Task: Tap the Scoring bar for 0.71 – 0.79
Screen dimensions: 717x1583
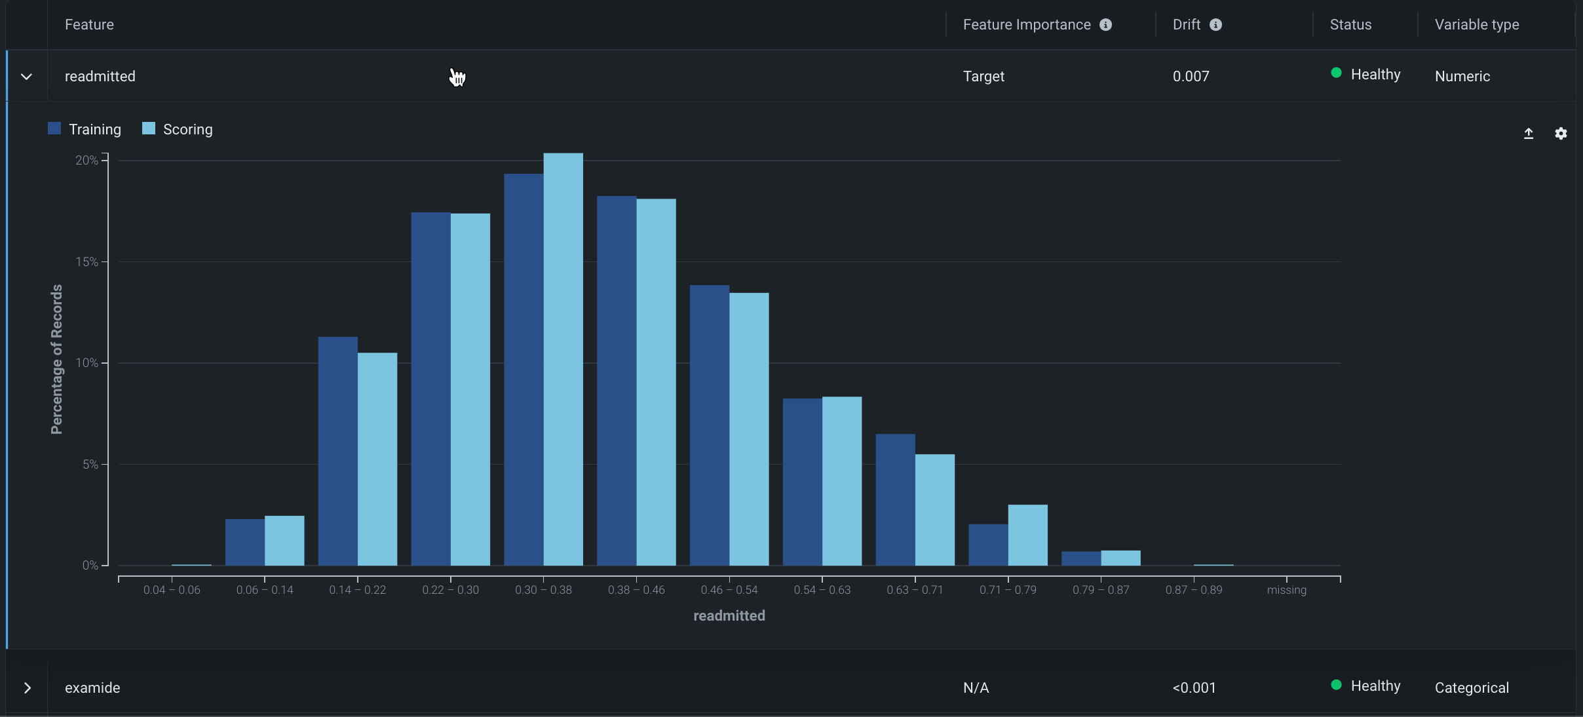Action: (1027, 535)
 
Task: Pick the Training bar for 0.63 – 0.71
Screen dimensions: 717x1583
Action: (895, 499)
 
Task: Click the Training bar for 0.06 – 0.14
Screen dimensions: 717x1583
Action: (244, 542)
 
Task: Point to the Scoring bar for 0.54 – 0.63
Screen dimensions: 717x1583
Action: (842, 481)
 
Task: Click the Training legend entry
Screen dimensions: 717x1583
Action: (85, 129)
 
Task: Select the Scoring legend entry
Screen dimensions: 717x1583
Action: (178, 129)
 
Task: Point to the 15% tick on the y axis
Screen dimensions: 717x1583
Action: (86, 262)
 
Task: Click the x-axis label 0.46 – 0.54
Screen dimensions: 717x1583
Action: (729, 590)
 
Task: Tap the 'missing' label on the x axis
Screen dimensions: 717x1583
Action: (1286, 590)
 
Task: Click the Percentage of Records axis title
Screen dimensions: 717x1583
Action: (57, 359)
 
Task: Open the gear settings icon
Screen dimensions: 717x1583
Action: (1561, 134)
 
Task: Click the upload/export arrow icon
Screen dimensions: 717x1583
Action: (1529, 134)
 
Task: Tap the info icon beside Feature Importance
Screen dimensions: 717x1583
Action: (1105, 25)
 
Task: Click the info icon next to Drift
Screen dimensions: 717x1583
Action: (1215, 25)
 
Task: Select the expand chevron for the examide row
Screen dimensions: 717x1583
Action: (27, 688)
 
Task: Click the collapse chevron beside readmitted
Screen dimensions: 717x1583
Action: (26, 77)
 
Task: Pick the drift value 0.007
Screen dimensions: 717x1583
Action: (1191, 76)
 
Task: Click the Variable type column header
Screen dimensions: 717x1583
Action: (1476, 25)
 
